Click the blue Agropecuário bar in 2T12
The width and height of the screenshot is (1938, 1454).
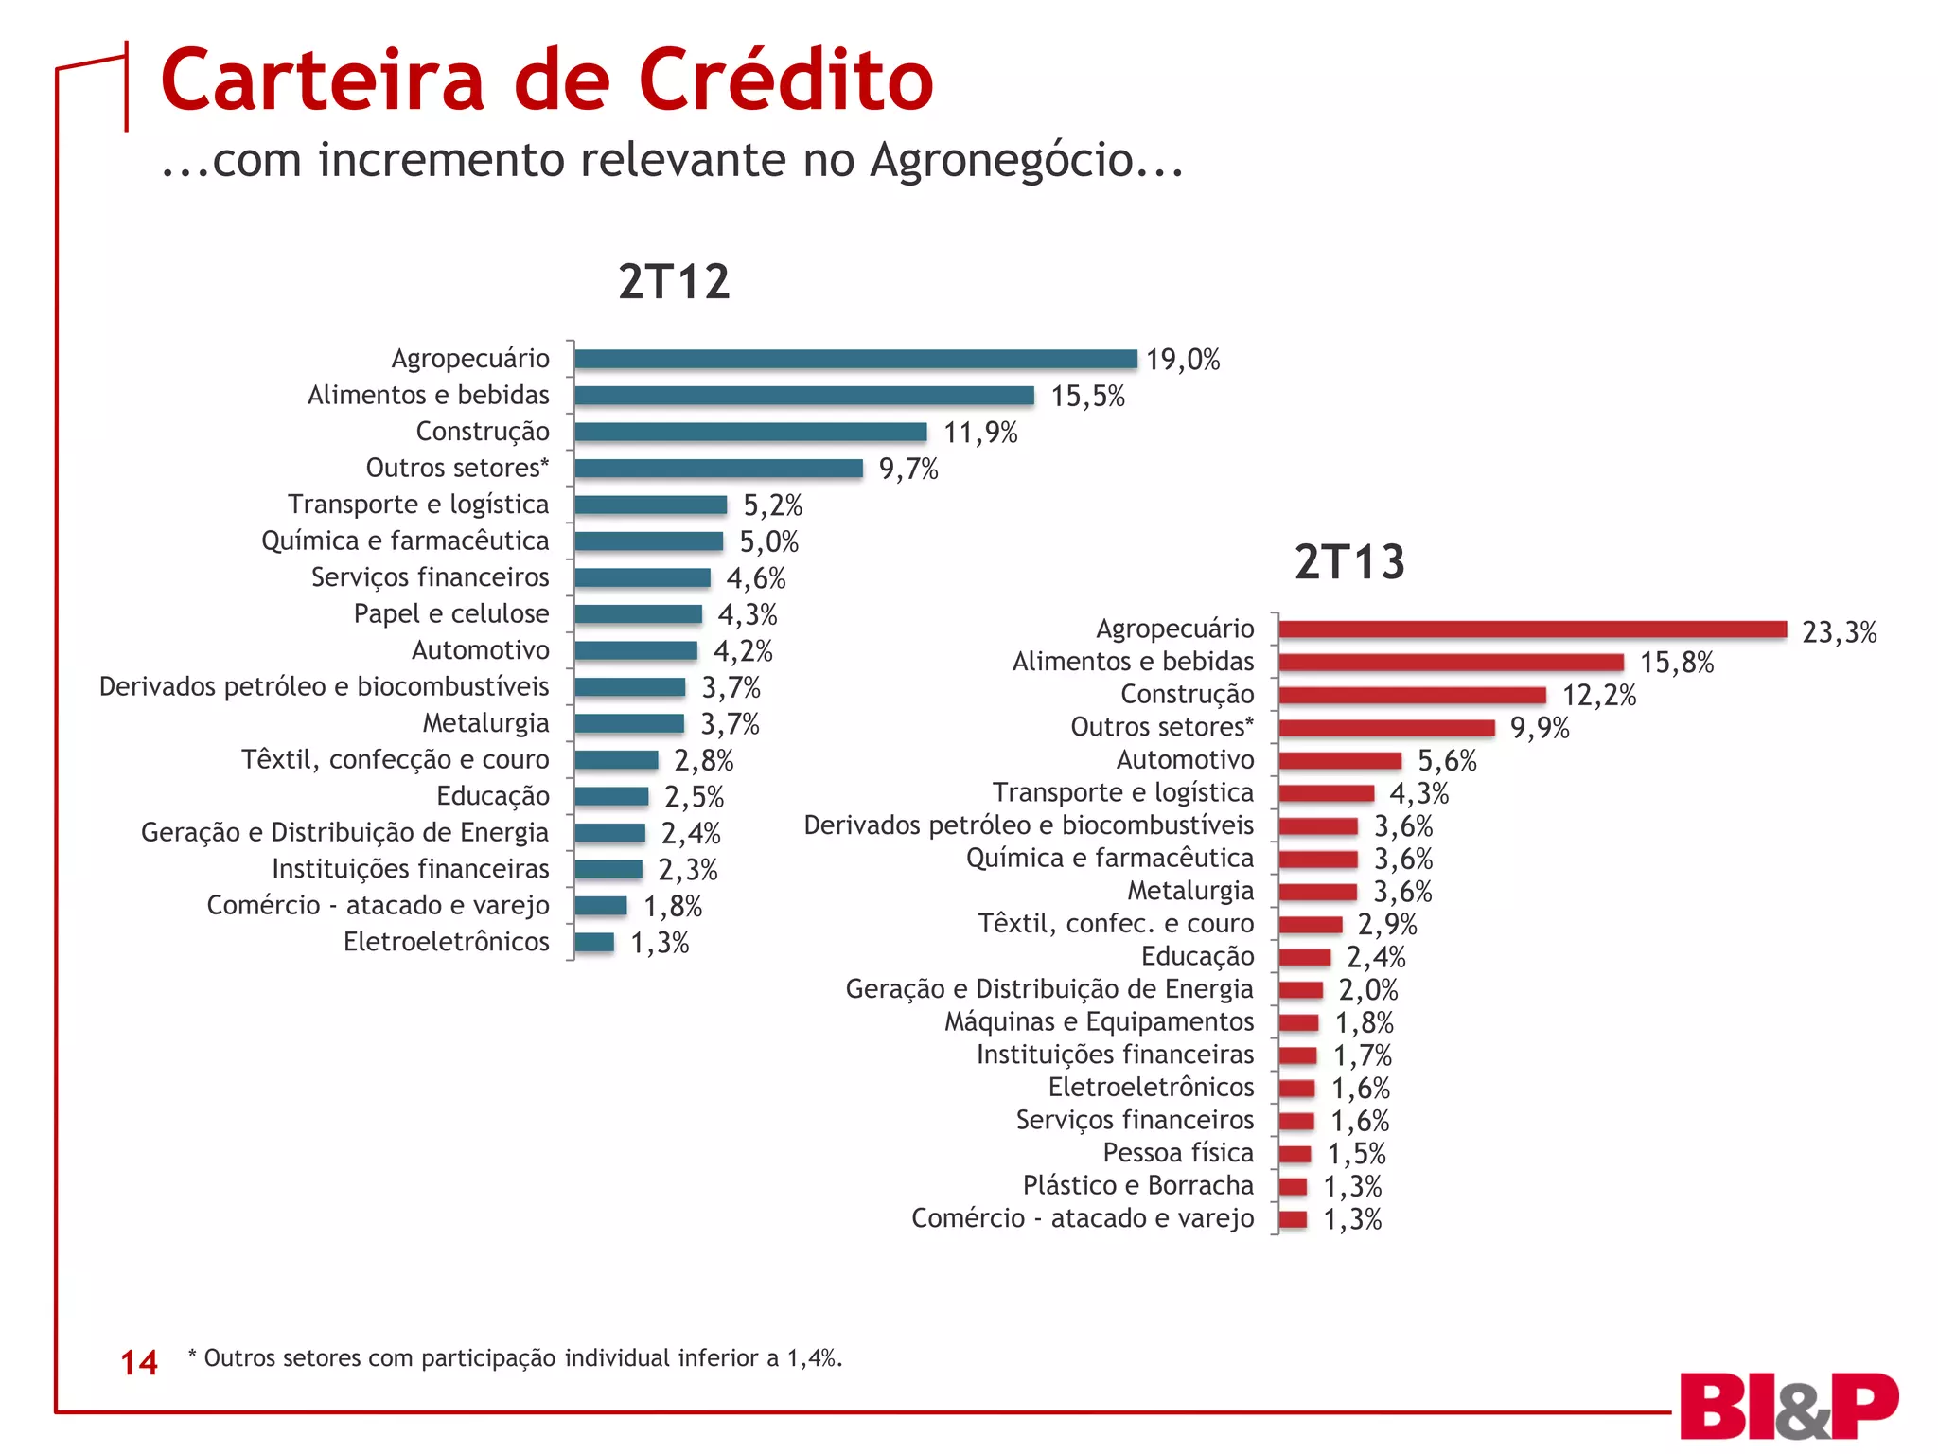[x=854, y=359]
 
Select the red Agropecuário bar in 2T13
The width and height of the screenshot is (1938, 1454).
[x=1531, y=629]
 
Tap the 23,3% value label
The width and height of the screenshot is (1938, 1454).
[x=1839, y=631]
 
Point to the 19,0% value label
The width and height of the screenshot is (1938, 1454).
[x=1182, y=360]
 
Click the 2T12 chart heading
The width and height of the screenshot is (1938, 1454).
[x=674, y=281]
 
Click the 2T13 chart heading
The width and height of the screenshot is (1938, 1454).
[x=1349, y=561]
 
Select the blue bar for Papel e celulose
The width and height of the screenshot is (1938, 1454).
[x=638, y=614]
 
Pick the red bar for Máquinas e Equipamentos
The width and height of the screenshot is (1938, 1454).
[x=1298, y=1022]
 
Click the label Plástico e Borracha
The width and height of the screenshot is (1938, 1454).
[x=1137, y=1185]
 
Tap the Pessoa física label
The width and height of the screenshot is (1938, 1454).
[x=1177, y=1152]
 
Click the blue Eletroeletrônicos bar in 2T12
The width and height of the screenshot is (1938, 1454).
[x=594, y=942]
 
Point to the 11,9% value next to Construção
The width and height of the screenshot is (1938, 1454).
[x=979, y=433]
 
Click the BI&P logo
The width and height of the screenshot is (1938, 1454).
[x=1788, y=1406]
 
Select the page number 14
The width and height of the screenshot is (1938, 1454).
[x=139, y=1362]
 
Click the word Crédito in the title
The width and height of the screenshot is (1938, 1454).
[x=785, y=80]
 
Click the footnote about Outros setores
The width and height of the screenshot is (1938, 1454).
[x=515, y=1357]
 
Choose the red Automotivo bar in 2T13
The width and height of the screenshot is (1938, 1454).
[x=1339, y=761]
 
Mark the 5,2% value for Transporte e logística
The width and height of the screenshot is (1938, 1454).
[x=772, y=505]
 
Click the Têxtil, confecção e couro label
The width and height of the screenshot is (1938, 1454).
[x=395, y=759]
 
